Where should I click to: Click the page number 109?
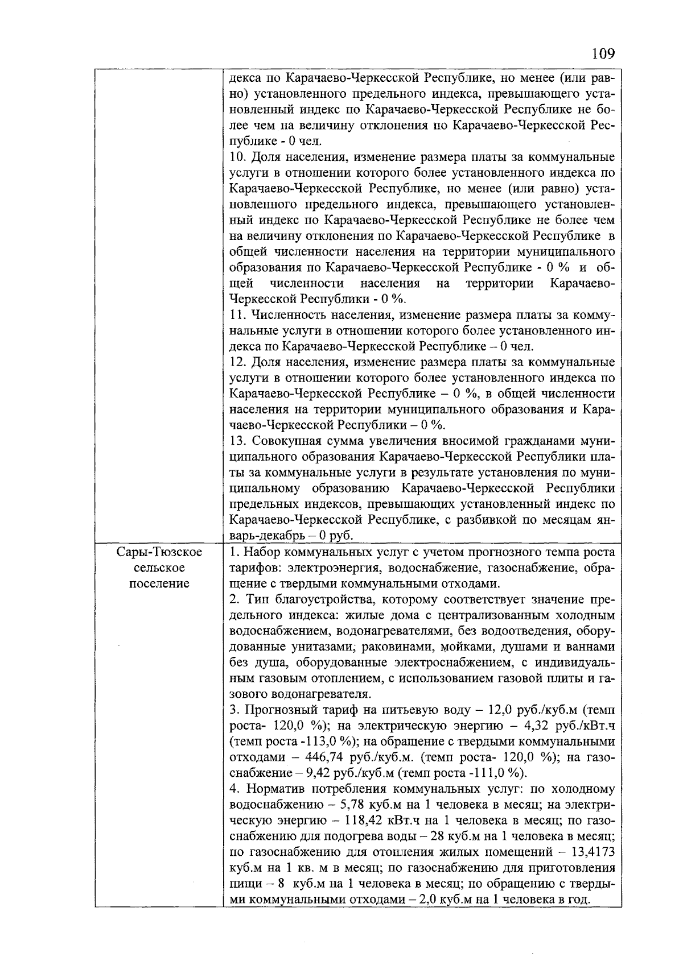point(603,54)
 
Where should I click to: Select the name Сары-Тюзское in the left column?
point(159,552)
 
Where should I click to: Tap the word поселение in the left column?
point(159,583)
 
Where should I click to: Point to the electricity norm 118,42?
point(368,821)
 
